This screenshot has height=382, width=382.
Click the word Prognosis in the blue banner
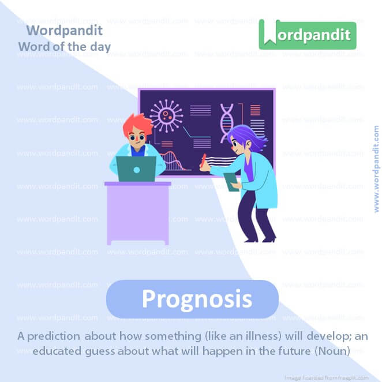click(x=196, y=299)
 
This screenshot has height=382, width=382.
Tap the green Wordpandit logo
click(x=307, y=35)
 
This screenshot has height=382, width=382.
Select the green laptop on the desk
click(x=136, y=169)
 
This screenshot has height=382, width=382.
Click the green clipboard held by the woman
click(x=231, y=182)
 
